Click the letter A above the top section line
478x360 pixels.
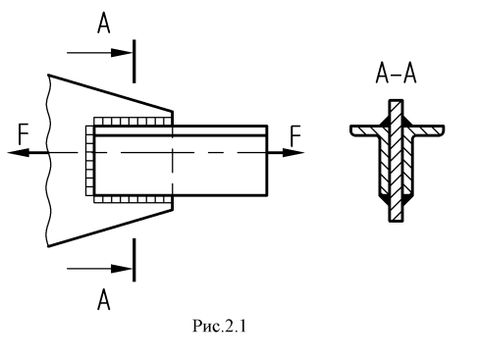pyautogui.click(x=104, y=25)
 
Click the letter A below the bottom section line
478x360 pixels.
pyautogui.click(x=104, y=299)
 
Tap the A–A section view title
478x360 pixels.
pyautogui.click(x=396, y=74)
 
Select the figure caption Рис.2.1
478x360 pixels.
pyautogui.click(x=219, y=326)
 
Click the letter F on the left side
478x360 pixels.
pyautogui.click(x=24, y=134)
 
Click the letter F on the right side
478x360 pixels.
pyautogui.click(x=295, y=136)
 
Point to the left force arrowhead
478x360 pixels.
pyautogui.click(x=18, y=152)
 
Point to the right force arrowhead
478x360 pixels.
pyautogui.click(x=293, y=153)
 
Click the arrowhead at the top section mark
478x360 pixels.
pyautogui.click(x=122, y=53)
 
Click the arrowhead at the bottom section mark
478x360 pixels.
pyautogui.click(x=122, y=269)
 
